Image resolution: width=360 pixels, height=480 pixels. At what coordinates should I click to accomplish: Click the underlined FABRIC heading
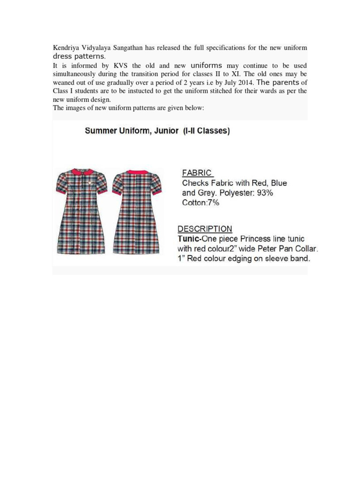pyautogui.click(x=197, y=172)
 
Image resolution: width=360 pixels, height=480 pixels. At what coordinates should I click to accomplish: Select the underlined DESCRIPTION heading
pyautogui.click(x=204, y=229)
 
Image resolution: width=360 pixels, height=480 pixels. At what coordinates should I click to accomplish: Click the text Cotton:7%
pyautogui.click(x=201, y=202)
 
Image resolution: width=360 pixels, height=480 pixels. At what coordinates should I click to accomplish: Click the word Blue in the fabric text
pyautogui.click(x=277, y=183)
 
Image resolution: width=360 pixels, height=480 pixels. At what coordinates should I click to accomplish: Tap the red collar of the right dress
pyautogui.click(x=137, y=172)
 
